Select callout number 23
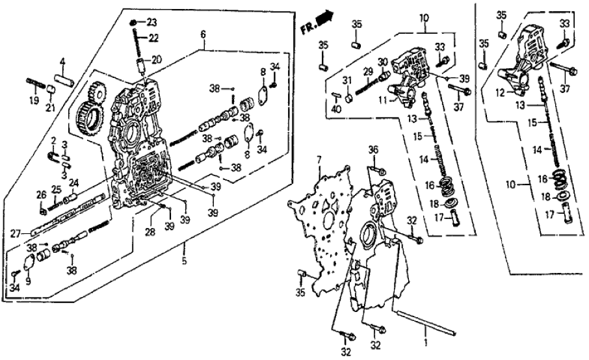pyautogui.click(x=151, y=21)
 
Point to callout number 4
pyautogui.click(x=63, y=62)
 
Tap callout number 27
pyautogui.click(x=23, y=231)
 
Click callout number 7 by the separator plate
pyautogui.click(x=319, y=160)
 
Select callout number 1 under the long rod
pyautogui.click(x=426, y=341)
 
